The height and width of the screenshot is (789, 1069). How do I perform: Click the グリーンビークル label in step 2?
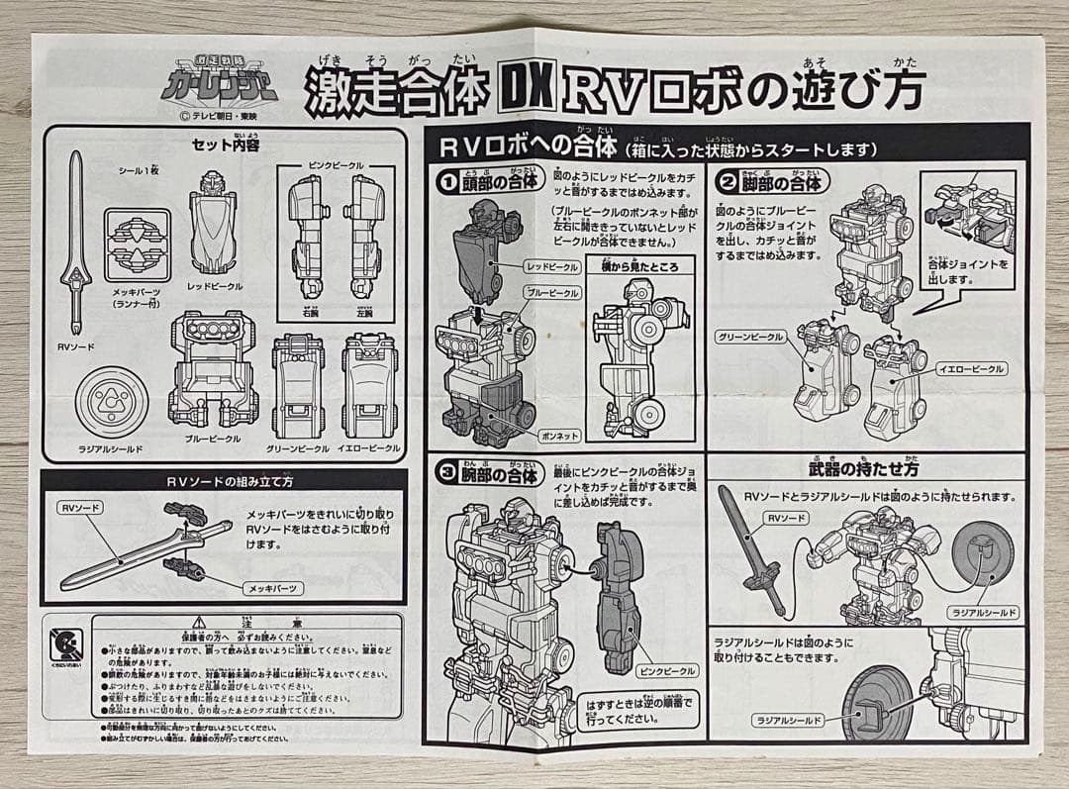749,337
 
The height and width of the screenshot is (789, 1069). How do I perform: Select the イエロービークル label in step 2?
969,368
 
